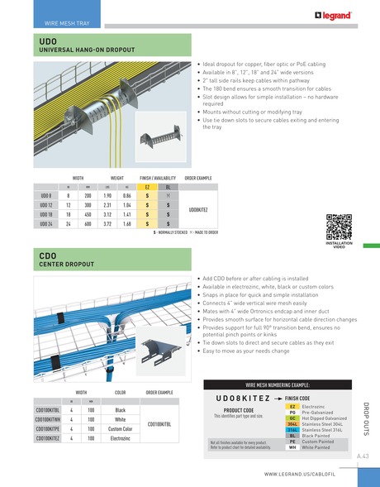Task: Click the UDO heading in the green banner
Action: [48, 41]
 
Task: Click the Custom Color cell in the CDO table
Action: [120, 429]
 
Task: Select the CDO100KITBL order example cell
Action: [159, 424]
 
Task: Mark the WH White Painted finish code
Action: [292, 446]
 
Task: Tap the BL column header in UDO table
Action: [168, 187]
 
